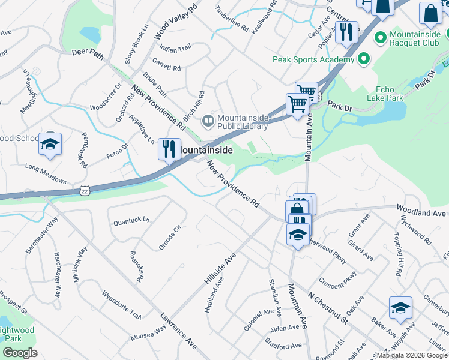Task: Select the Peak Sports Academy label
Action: tap(313, 59)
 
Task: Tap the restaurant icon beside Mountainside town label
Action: tap(170, 149)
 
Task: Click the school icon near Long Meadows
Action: tap(50, 145)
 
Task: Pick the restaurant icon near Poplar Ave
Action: tap(345, 33)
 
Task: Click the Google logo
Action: tap(20, 352)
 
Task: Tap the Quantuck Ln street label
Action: tap(131, 221)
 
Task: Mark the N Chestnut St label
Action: tap(328, 306)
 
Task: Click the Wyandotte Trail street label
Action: tap(122, 305)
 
